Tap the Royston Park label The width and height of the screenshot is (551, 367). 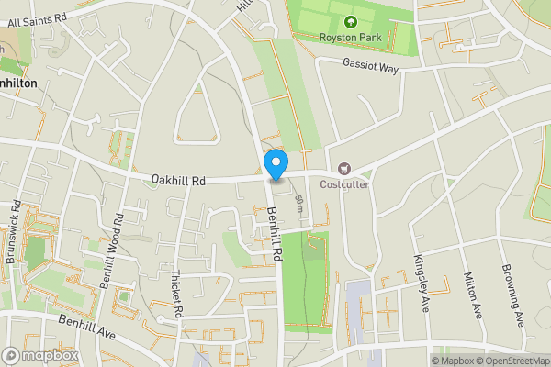349,38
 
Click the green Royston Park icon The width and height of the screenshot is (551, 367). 349,22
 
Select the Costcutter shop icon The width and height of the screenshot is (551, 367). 345,169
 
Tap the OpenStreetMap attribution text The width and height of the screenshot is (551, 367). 507,361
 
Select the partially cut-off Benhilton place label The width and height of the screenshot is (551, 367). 18,83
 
